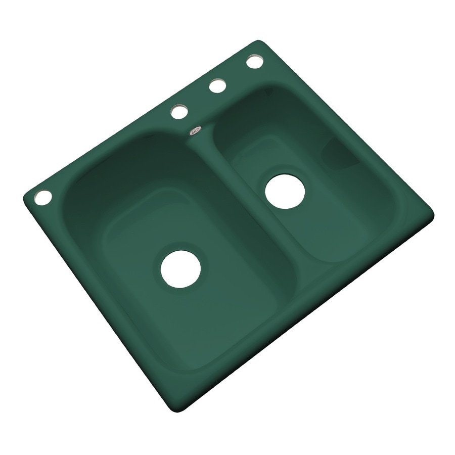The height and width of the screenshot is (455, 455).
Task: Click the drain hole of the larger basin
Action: tap(180, 269)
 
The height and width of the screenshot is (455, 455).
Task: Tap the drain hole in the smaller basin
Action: tap(285, 192)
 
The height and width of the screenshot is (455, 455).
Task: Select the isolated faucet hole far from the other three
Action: tap(43, 197)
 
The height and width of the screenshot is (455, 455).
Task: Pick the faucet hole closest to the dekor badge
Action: tap(179, 112)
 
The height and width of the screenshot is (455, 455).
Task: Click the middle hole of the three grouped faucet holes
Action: tap(217, 86)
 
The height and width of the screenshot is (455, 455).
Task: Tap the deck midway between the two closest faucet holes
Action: tap(198, 99)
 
